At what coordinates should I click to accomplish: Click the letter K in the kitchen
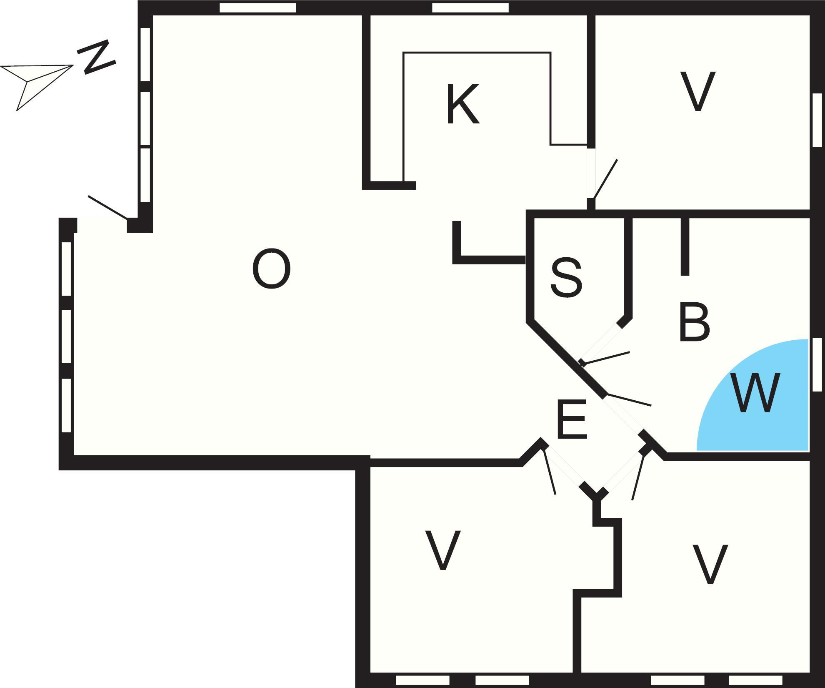click(462, 104)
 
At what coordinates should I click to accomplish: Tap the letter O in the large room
click(271, 269)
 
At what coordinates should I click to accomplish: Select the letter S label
click(566, 277)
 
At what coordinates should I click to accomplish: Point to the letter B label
click(694, 322)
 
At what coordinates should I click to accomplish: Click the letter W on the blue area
click(755, 392)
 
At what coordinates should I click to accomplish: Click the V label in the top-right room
click(697, 91)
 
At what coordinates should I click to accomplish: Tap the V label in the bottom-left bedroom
click(442, 550)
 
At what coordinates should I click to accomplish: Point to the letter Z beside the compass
click(96, 57)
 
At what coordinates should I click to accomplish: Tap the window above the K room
click(470, 8)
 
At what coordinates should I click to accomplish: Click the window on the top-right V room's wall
click(817, 120)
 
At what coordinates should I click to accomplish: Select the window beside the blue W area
click(817, 364)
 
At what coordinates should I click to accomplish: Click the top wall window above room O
click(257, 8)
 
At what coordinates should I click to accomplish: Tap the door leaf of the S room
click(605, 358)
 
